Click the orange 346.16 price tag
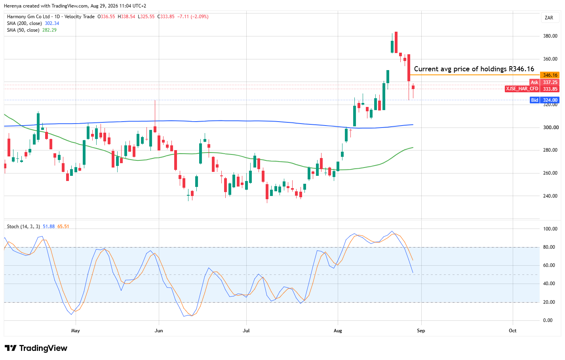tap(550, 75)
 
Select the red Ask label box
tap(535, 82)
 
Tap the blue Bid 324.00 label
tap(544, 100)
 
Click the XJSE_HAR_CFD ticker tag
tap(522, 89)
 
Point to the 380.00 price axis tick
tap(550, 36)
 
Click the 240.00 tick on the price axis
tap(550, 196)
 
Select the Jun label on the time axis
tap(159, 330)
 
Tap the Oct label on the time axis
tap(512, 330)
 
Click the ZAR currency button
tap(549, 18)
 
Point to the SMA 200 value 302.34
tap(52, 23)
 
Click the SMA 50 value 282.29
tap(49, 30)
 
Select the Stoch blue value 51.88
tap(49, 227)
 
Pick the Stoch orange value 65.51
tap(63, 227)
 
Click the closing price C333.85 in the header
tap(166, 17)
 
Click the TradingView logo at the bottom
tap(36, 348)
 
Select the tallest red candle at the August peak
tap(409, 68)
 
